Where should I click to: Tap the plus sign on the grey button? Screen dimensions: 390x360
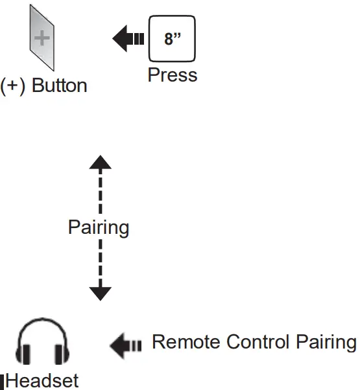point(42,38)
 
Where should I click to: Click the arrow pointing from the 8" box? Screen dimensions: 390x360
point(128,40)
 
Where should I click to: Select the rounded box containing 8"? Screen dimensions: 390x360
point(172,40)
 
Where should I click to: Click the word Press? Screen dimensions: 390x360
point(172,75)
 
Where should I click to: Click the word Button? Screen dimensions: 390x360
point(60,86)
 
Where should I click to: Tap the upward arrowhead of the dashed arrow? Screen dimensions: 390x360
point(100,162)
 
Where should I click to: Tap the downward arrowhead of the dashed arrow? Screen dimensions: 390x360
point(100,293)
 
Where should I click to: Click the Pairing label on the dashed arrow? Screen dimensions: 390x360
point(99,228)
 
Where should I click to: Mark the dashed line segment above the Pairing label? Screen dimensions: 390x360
point(100,191)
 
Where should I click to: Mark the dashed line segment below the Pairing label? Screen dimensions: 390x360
point(100,262)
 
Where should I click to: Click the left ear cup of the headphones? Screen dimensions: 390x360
point(27,354)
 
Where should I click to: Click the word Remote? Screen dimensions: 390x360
point(186,342)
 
